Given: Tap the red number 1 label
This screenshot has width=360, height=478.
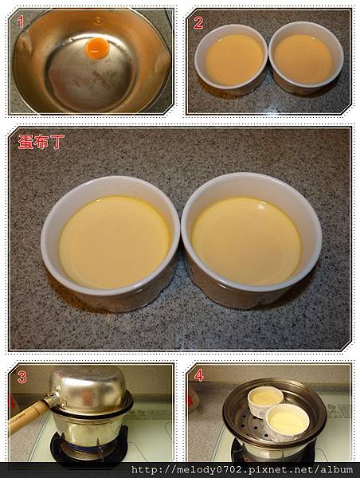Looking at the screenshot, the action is [x=21, y=22].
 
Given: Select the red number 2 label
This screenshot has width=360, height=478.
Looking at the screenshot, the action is [x=198, y=23].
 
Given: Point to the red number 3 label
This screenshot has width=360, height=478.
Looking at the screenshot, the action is [x=22, y=377].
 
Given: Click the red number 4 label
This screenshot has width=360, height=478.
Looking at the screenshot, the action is [x=198, y=375].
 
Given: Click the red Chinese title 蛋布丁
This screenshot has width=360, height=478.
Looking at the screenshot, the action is [x=41, y=142].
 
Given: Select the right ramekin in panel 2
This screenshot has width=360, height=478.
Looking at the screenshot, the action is [x=306, y=57].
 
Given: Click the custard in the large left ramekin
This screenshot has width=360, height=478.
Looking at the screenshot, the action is [x=114, y=241].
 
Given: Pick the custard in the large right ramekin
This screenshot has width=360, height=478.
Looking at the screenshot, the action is [x=246, y=241].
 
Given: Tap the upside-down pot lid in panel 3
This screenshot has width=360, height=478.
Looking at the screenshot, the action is [x=88, y=388].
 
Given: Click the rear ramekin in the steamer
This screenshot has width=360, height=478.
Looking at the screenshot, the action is [x=265, y=399].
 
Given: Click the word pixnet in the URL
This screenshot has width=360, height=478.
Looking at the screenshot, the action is [x=266, y=470].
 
